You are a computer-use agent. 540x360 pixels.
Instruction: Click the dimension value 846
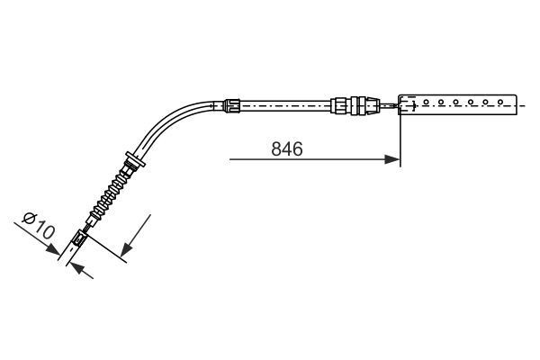click(x=286, y=149)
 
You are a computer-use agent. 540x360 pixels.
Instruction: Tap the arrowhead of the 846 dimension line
click(x=393, y=160)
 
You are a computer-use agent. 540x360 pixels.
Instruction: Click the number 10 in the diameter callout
click(x=43, y=232)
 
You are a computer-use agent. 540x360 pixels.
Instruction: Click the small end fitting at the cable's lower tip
click(x=79, y=239)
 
